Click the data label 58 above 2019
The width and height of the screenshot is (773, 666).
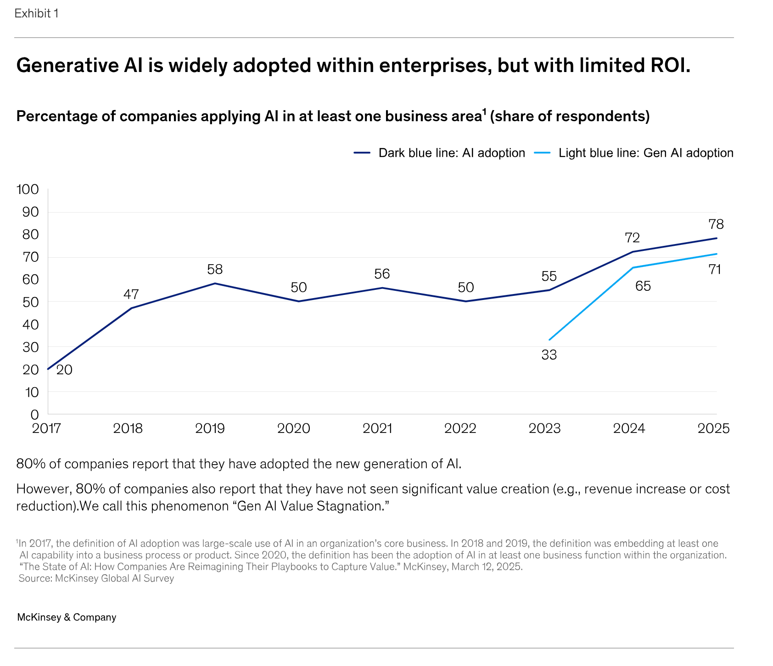pyautogui.click(x=215, y=269)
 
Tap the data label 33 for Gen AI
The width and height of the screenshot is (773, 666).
pyautogui.click(x=549, y=355)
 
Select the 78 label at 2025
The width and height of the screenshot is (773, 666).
pyautogui.click(x=716, y=224)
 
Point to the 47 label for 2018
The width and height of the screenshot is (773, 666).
pyautogui.click(x=131, y=294)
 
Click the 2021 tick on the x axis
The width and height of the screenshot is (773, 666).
pyautogui.click(x=377, y=428)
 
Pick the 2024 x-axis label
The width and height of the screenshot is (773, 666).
pyautogui.click(x=629, y=428)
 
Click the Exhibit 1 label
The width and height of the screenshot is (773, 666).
pyautogui.click(x=36, y=14)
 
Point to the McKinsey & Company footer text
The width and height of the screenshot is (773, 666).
pyautogui.click(x=67, y=617)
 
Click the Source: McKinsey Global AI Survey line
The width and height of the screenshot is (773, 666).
pyautogui.click(x=96, y=578)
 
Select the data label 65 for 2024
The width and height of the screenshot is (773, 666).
pyautogui.click(x=643, y=286)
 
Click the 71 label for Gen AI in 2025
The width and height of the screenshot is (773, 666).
pyautogui.click(x=715, y=270)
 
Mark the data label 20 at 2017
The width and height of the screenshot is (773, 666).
pyautogui.click(x=64, y=370)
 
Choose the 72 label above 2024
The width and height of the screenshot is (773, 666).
pyautogui.click(x=632, y=238)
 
